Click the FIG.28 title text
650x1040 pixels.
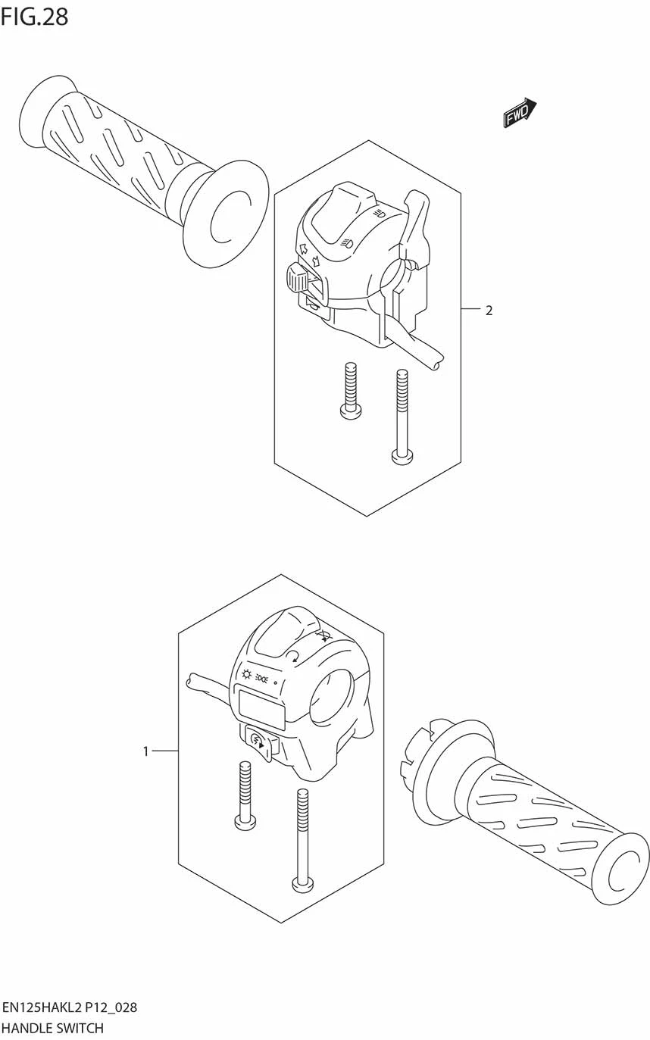(x=34, y=16)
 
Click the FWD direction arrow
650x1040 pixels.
(x=520, y=112)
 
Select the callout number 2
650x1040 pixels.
(x=489, y=310)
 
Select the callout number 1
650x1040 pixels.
(x=145, y=751)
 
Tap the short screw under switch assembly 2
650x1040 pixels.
(x=350, y=389)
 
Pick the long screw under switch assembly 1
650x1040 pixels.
(x=302, y=841)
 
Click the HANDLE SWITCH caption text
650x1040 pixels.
(x=53, y=1028)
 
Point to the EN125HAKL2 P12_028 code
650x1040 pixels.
(x=70, y=1007)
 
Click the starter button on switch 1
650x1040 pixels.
(x=257, y=739)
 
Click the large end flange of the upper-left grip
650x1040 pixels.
(x=225, y=214)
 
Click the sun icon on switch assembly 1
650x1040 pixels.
(x=245, y=675)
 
